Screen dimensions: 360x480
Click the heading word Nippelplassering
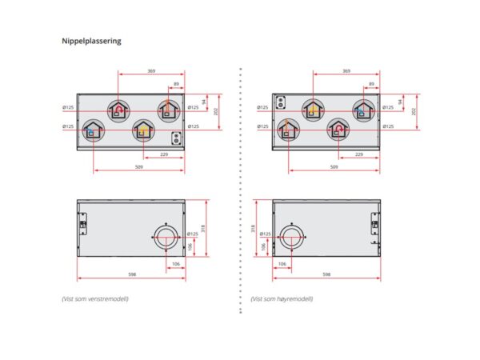91,40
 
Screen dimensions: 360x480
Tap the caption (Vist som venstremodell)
95,298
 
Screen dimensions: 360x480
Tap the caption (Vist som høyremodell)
282,298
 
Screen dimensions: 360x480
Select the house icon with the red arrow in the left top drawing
119,110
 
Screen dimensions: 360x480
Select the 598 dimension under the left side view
132,274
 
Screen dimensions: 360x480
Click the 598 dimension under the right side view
326,274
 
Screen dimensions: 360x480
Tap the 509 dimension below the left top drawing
140,166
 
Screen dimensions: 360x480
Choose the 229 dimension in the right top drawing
359,154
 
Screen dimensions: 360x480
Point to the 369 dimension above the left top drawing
152,72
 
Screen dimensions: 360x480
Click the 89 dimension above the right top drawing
372,82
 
